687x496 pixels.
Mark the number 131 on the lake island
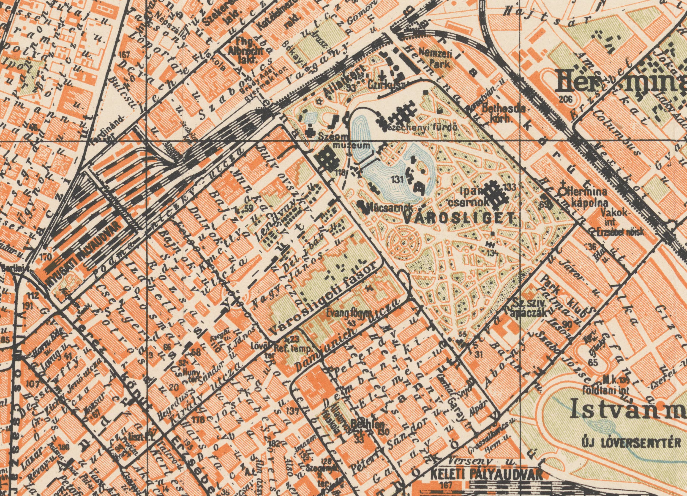pyautogui.click(x=397, y=180)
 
